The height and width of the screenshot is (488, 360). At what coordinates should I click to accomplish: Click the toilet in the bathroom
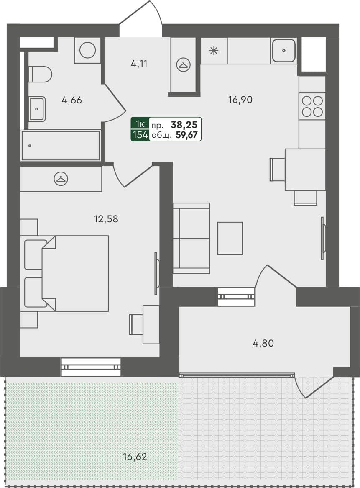tap(41, 74)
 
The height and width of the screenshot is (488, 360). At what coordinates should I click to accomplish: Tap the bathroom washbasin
tap(37, 109)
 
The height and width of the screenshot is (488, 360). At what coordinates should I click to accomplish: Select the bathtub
tap(61, 146)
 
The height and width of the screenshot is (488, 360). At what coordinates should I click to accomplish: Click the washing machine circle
tap(87, 50)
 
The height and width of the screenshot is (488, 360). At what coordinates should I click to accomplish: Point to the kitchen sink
tap(283, 51)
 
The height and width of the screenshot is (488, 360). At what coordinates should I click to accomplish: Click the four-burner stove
tap(312, 106)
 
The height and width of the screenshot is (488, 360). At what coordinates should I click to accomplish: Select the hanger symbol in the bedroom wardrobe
tap(61, 179)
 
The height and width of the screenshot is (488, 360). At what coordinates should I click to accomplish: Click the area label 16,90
tap(240, 100)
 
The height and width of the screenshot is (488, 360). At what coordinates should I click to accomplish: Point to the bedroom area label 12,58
tap(106, 218)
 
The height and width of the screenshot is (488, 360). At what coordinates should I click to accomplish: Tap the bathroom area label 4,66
tap(71, 100)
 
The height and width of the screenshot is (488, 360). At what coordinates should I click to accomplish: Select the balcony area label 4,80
tap(263, 343)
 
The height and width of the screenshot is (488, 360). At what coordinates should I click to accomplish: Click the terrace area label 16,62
tap(135, 456)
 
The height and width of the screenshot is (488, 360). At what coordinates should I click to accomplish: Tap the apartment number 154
tap(140, 135)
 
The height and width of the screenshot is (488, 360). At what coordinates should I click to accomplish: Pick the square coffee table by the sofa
tap(230, 238)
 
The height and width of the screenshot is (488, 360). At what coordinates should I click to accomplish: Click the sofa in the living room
tap(191, 238)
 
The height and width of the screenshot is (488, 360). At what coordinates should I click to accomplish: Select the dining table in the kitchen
tap(305, 169)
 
